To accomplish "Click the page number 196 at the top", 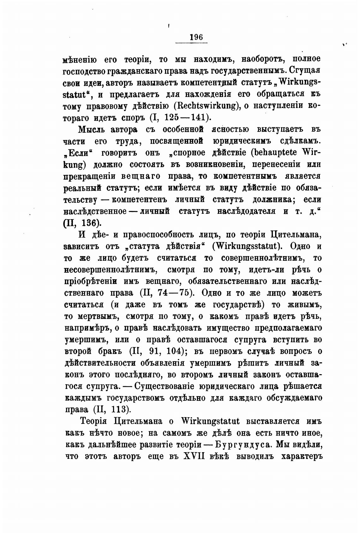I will point(196,37).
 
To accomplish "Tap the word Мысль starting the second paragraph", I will point(91,130).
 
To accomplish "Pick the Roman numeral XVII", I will point(193,457).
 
